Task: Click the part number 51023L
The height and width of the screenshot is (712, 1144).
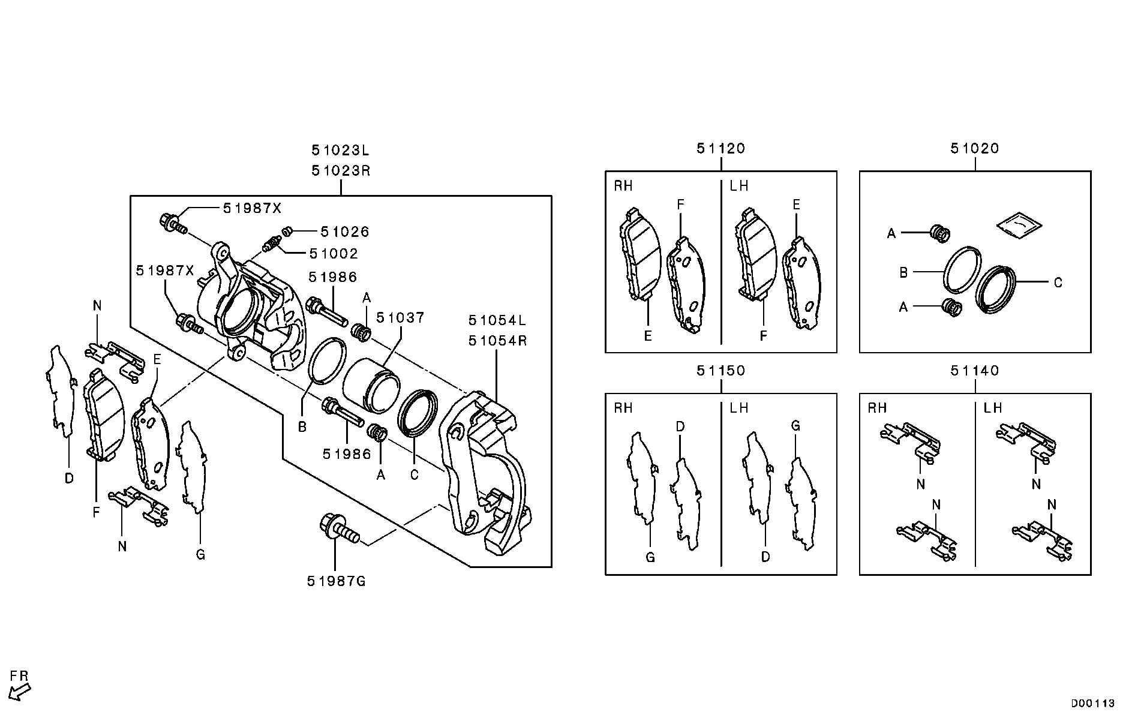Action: (x=340, y=149)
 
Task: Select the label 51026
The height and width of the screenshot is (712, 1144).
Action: (x=344, y=232)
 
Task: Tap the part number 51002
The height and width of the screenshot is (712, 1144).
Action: (x=334, y=254)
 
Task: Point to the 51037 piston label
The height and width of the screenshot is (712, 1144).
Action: (x=400, y=317)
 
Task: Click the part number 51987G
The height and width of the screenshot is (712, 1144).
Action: (x=336, y=581)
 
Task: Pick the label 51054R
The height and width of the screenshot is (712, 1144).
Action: (x=497, y=341)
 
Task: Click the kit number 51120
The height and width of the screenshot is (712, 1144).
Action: (x=720, y=148)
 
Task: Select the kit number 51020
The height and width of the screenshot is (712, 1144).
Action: (x=975, y=148)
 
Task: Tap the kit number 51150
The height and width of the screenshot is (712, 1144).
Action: (x=720, y=371)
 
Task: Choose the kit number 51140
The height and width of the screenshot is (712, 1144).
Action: (x=975, y=371)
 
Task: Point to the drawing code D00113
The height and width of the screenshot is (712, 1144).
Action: (x=1092, y=703)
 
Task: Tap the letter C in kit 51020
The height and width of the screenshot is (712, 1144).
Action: (x=1058, y=283)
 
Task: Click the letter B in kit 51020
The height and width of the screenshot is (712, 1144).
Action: (x=903, y=273)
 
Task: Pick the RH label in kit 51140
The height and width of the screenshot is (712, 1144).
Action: (x=877, y=408)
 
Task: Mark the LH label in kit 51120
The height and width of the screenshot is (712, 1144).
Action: (x=739, y=186)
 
